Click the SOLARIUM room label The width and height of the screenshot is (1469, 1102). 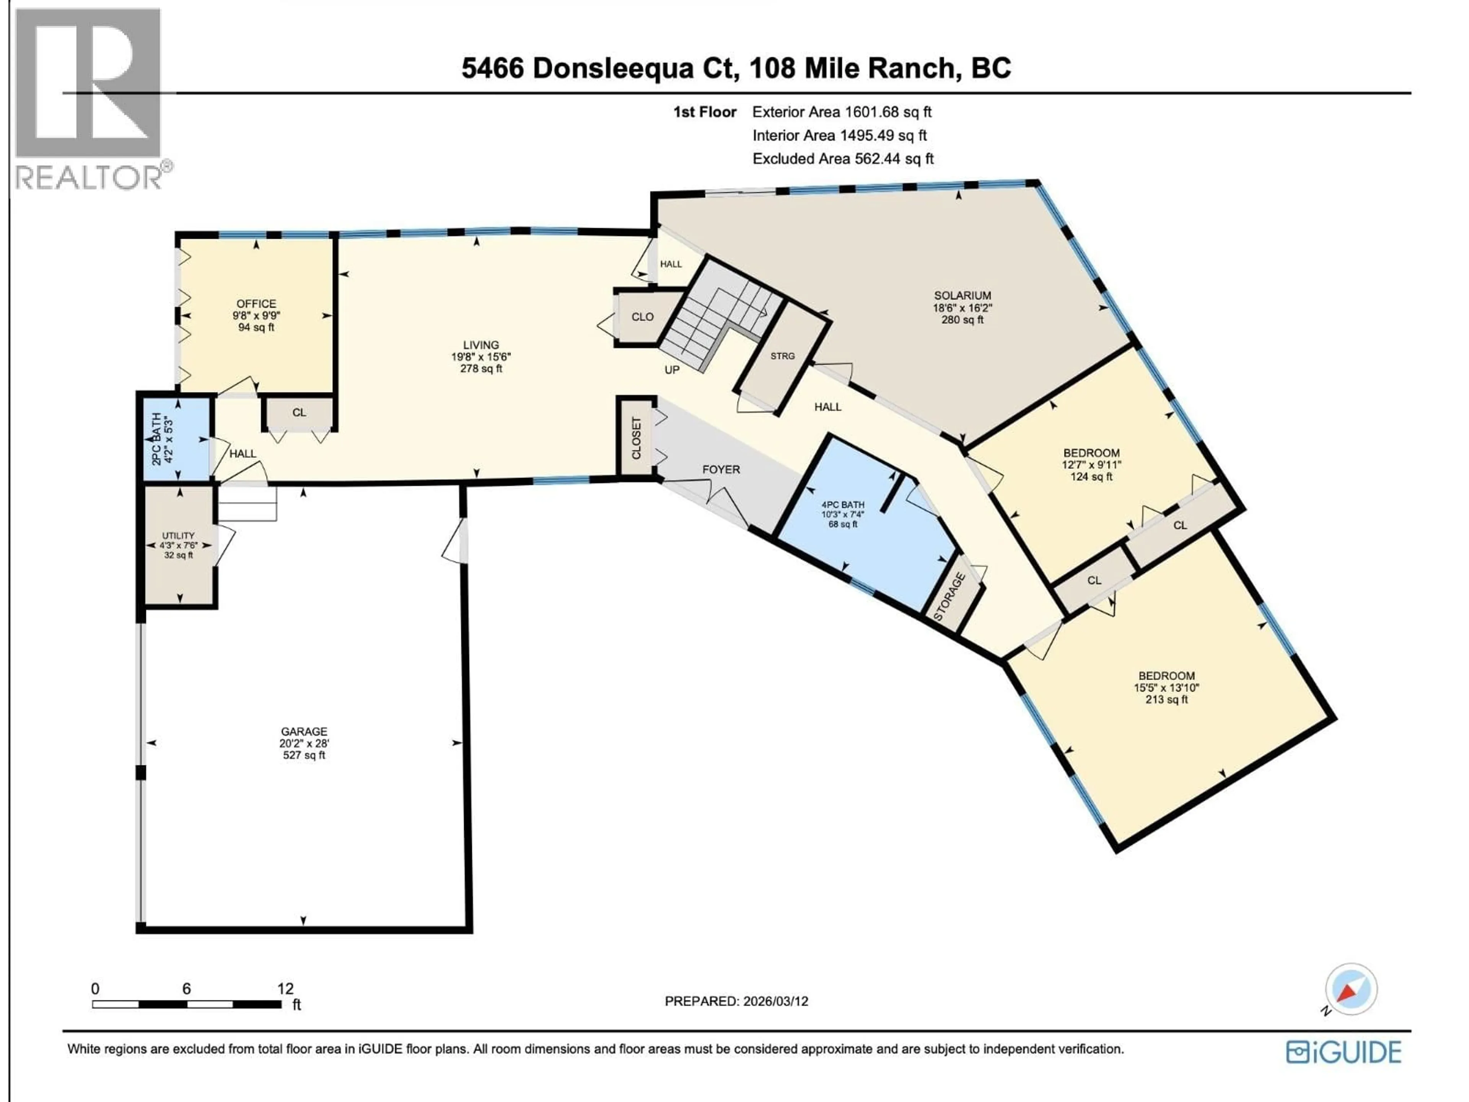click(x=962, y=296)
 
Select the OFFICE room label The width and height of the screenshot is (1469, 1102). click(x=256, y=303)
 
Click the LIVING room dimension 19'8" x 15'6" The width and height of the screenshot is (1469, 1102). click(x=481, y=357)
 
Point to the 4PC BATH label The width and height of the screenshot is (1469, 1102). click(x=843, y=505)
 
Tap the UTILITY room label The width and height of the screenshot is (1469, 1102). click(x=179, y=535)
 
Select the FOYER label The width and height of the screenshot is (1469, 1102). click(x=721, y=469)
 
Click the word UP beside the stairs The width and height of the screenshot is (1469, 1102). click(x=672, y=370)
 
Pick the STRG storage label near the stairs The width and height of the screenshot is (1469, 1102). click(x=782, y=356)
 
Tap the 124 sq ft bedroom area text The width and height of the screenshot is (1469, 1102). click(x=1091, y=477)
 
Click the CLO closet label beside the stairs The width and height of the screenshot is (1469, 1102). click(x=642, y=317)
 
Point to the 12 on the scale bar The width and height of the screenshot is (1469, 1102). click(x=285, y=988)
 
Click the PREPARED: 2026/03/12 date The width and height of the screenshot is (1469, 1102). click(x=736, y=1001)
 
